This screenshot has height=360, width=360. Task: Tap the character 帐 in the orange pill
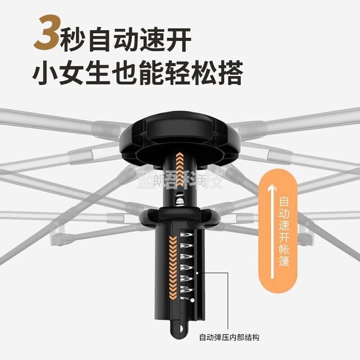click(x=284, y=249)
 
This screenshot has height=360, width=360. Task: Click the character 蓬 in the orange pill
click(x=284, y=261)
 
